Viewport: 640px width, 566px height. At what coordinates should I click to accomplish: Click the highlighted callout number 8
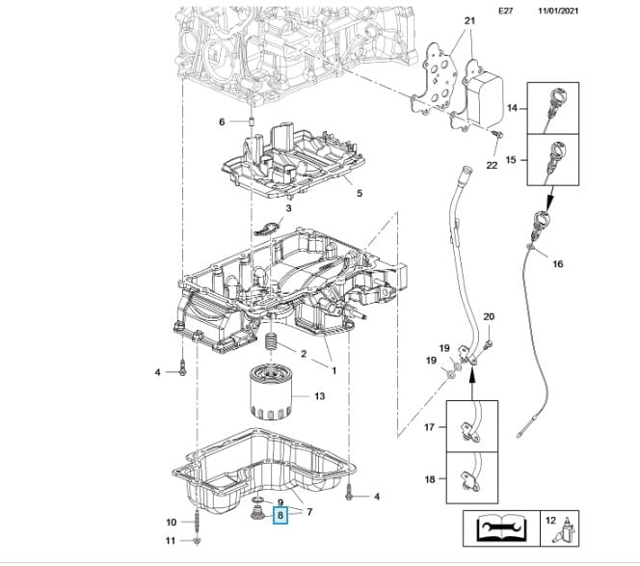(x=280, y=516)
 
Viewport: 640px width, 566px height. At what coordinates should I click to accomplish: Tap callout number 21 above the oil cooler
(x=469, y=20)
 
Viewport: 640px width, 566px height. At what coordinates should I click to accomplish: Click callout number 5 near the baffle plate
(x=360, y=193)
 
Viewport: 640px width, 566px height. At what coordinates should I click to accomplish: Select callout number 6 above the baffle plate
(x=222, y=121)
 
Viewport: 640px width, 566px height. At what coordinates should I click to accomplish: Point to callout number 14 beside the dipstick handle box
(x=513, y=110)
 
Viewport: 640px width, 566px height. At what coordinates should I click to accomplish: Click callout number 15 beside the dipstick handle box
(x=513, y=159)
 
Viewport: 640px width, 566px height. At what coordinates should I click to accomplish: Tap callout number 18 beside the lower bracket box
(x=431, y=479)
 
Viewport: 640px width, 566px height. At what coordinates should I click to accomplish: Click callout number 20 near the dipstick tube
(x=488, y=316)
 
